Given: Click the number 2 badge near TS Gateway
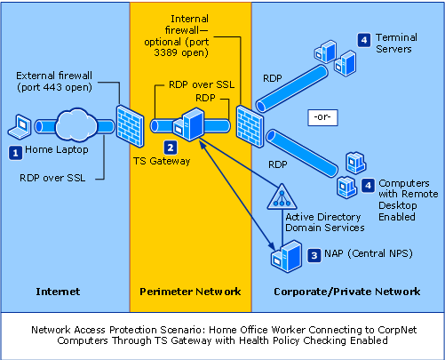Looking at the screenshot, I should pos(171,147).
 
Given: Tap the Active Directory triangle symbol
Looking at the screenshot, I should pos(282,196).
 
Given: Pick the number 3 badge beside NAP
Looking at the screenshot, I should pos(314,254).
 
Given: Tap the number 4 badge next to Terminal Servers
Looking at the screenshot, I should pos(364,39).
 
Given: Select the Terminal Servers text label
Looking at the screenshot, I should pos(397,44).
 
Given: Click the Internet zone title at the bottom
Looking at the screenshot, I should pos(55,292).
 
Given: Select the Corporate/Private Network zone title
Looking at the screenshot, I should pos(347,292).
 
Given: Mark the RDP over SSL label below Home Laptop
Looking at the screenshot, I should pos(52,177).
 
